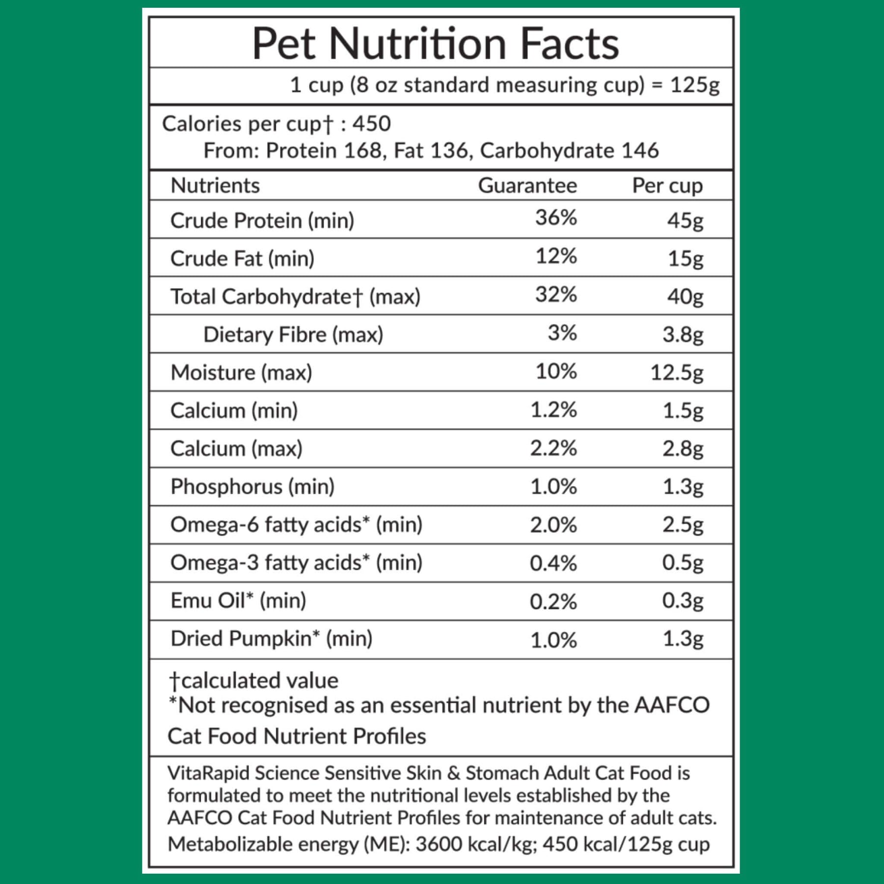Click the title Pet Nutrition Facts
click(x=435, y=44)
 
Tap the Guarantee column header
click(x=527, y=186)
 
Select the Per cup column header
click(x=667, y=186)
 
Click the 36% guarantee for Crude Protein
click(x=556, y=218)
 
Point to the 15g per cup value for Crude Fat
click(x=685, y=258)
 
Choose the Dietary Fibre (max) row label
click(x=293, y=334)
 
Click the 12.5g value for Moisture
click(x=677, y=373)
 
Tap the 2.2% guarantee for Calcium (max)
click(x=553, y=448)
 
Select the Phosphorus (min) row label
click(x=252, y=487)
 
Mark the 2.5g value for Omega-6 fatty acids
click(x=683, y=525)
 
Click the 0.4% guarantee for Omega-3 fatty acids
click(x=553, y=563)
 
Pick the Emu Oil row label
click(x=238, y=600)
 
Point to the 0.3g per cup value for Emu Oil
click(x=683, y=600)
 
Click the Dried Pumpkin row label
click(x=271, y=638)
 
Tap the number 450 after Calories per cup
click(x=372, y=124)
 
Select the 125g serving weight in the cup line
click(x=694, y=85)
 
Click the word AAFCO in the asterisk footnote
click(x=672, y=705)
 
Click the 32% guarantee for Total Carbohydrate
click(x=556, y=295)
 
